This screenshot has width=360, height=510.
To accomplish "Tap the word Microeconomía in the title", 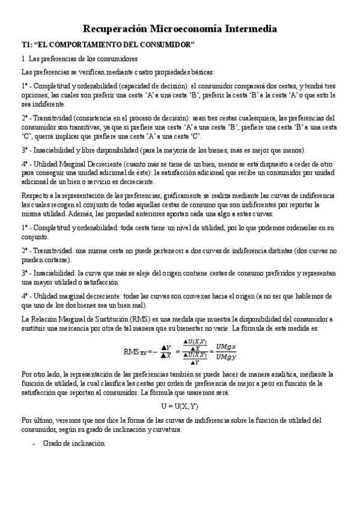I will click(x=190, y=28).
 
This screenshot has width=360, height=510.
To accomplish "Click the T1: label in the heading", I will click(x=28, y=45).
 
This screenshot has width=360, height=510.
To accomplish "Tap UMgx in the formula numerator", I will click(x=227, y=346).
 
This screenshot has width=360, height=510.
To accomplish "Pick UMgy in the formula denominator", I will click(x=227, y=357).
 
